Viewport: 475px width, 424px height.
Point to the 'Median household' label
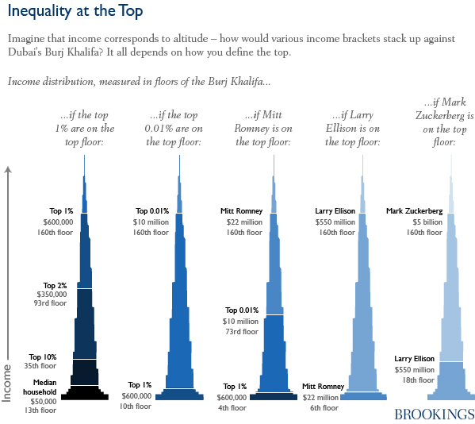[40, 387]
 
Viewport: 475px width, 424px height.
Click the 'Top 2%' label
[56, 285]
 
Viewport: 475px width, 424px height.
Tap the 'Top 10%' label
[43, 357]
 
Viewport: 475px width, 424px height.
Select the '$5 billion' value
[417, 222]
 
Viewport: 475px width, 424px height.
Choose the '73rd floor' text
[242, 331]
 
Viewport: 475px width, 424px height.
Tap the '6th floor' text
[324, 407]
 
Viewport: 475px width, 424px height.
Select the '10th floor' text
[136, 407]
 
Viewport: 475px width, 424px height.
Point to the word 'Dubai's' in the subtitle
[29, 53]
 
